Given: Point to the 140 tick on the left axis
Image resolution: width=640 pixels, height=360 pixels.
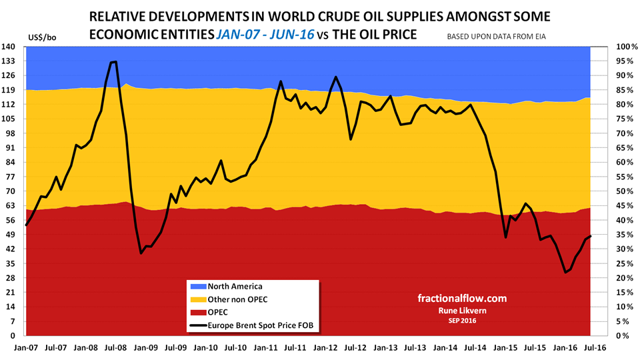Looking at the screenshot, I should [x=13, y=47].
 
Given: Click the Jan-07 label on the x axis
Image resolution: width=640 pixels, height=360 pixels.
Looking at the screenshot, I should [x=25, y=347].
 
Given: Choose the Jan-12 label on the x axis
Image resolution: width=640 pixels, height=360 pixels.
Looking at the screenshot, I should [x=325, y=347].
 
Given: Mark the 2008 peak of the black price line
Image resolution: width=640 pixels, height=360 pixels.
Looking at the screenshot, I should [x=115, y=61].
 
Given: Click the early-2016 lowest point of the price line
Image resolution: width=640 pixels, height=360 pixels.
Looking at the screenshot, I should [x=565, y=272].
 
